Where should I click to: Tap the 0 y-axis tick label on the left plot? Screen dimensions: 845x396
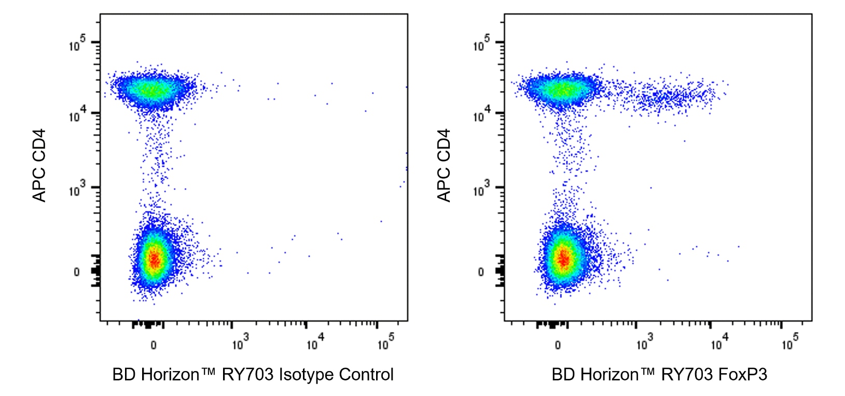[x=77, y=272]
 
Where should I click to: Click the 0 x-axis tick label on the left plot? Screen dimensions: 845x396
[x=154, y=345]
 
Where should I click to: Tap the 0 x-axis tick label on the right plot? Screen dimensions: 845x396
[x=558, y=345]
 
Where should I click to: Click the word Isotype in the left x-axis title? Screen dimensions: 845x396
[x=306, y=375]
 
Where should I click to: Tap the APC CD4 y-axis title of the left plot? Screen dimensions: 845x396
[x=39, y=165]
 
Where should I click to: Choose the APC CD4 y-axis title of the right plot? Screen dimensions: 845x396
[x=444, y=165]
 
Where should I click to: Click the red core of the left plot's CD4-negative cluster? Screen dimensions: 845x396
[x=154, y=259]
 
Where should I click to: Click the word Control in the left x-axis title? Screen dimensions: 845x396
[x=366, y=375]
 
